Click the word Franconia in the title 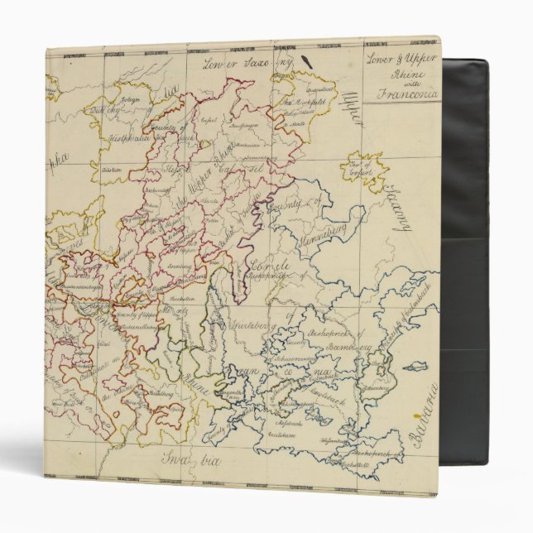pos(409,94)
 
